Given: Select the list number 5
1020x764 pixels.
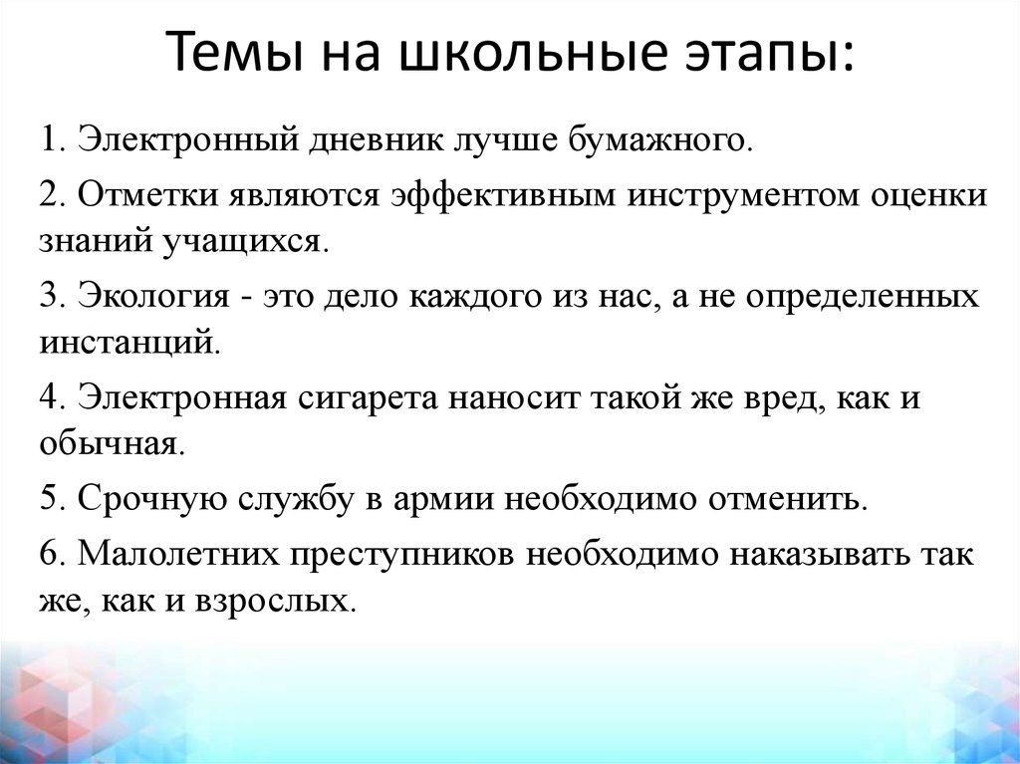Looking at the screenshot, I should tap(49, 498).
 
